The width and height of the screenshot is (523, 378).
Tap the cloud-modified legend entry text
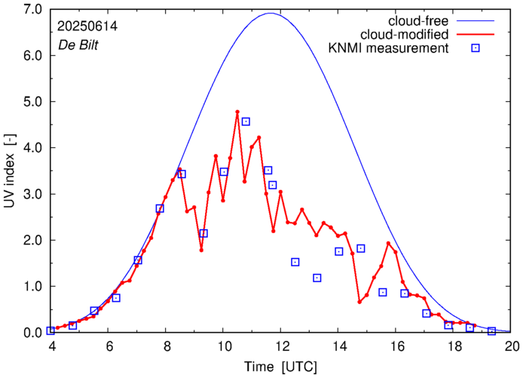(x=405, y=35)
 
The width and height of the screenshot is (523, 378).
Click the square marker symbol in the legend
(x=476, y=49)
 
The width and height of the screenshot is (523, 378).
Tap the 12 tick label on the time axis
(x=282, y=346)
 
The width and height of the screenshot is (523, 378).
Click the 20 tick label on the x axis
(x=512, y=346)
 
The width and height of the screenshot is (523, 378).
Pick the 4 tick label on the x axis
(x=51, y=346)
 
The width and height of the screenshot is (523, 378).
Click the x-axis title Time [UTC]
(x=281, y=366)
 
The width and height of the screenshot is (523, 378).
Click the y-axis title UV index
(x=10, y=171)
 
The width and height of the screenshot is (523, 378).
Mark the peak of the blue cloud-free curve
(x=271, y=13)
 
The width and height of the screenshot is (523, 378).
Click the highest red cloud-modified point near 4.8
(x=237, y=112)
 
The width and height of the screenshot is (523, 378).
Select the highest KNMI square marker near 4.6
(x=246, y=121)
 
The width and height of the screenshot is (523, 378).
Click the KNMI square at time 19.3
(x=491, y=331)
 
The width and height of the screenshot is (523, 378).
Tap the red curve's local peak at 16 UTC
(x=388, y=243)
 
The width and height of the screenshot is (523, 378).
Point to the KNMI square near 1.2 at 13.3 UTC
(x=317, y=278)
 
